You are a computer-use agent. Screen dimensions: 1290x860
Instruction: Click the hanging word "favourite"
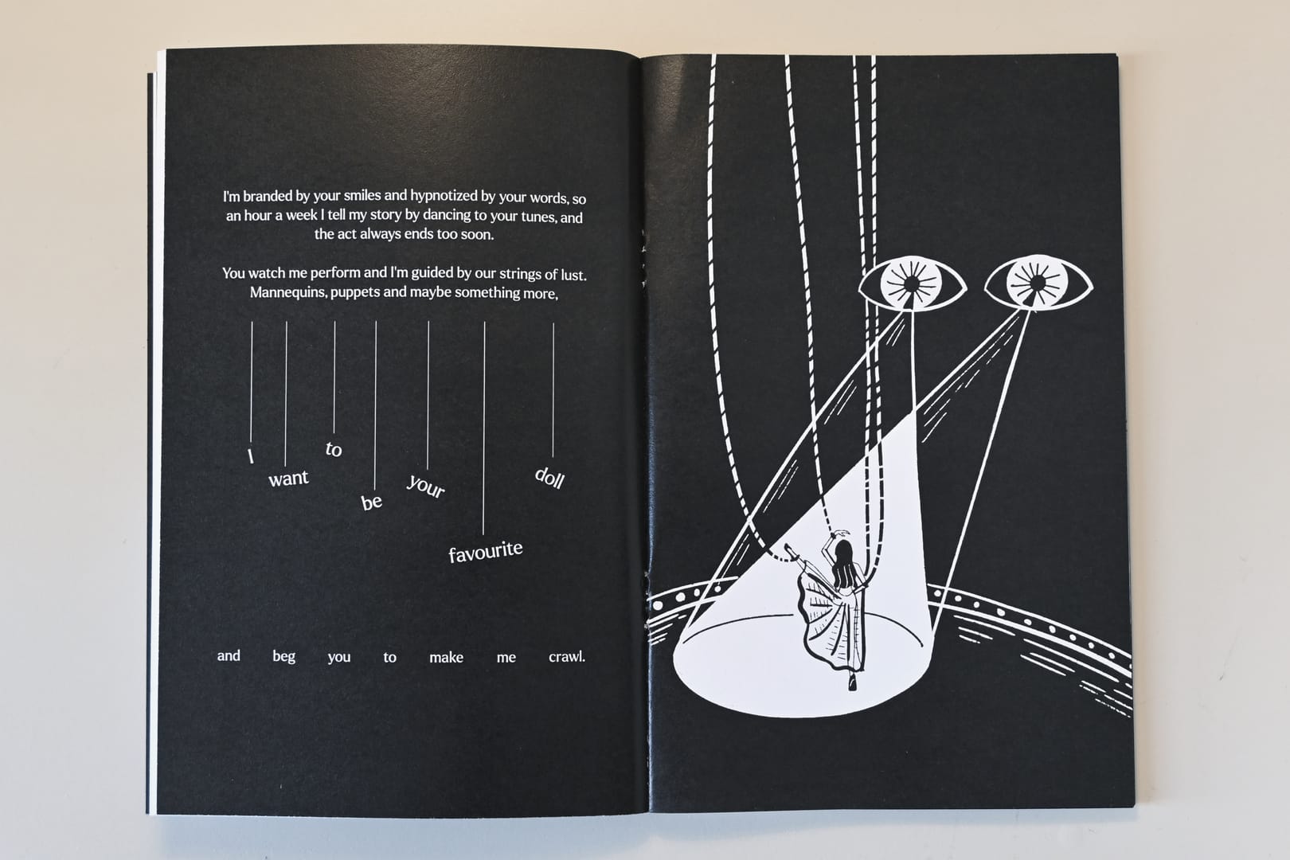point(486,552)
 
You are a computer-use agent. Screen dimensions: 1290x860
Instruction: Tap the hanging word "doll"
point(549,478)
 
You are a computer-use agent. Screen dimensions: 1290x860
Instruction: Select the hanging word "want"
point(288,479)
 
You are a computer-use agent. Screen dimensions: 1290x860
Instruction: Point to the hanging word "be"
point(371,502)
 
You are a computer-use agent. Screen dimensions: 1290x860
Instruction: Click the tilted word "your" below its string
point(425,487)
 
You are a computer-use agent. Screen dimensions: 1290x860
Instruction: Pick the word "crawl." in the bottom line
point(567,657)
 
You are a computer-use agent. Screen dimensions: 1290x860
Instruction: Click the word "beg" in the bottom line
point(284,657)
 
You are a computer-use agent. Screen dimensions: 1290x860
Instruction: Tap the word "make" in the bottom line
point(446,657)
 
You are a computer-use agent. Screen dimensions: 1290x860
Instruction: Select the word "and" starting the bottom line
point(229,655)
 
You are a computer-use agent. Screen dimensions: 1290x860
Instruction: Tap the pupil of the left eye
point(911,284)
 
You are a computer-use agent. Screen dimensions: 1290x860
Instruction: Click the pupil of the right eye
point(1038,283)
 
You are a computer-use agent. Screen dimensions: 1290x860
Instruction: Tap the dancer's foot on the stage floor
point(852,684)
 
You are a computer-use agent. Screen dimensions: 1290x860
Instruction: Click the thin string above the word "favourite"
point(484,428)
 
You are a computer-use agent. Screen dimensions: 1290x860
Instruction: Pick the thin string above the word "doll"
point(553,390)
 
